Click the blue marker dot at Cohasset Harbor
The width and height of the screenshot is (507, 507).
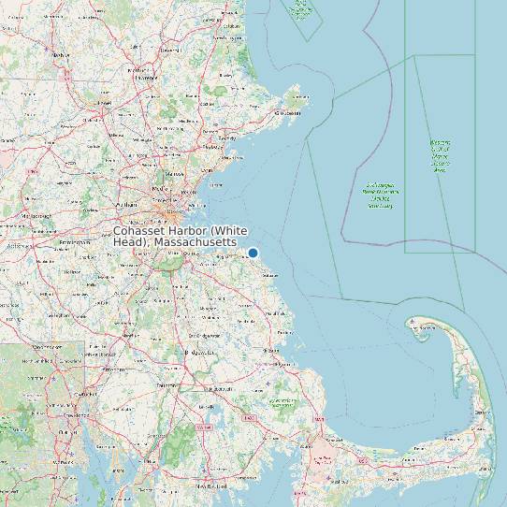[x=253, y=253]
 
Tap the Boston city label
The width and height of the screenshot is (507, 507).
[x=172, y=198]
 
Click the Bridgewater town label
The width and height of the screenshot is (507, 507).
[x=202, y=353]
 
